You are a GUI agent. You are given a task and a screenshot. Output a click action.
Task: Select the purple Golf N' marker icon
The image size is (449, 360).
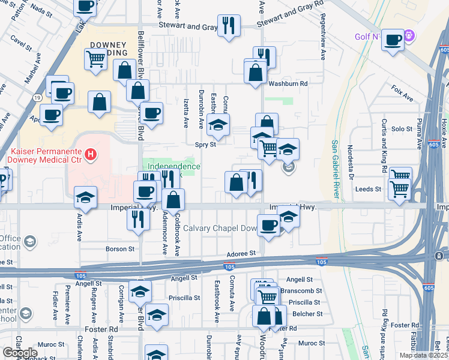tap(410, 36)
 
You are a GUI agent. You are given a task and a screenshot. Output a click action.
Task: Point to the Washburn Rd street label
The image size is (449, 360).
tap(288, 83)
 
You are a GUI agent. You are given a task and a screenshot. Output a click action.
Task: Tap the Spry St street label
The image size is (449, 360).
tap(205, 144)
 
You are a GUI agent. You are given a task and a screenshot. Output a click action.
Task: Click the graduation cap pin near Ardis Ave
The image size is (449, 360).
tap(86, 196)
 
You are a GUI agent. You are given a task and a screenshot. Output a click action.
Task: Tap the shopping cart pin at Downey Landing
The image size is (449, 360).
tap(95, 59)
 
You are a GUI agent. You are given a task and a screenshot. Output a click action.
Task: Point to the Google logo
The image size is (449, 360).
tap(20, 353)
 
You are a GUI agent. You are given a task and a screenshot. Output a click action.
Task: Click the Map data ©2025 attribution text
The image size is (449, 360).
tap(423, 355)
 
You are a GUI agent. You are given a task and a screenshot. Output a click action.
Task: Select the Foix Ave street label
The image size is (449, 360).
tap(402, 96)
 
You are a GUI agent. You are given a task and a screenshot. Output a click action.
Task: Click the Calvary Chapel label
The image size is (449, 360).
tap(220, 228)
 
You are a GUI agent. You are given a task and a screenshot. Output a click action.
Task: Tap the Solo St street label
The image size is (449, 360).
tap(402, 128)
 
